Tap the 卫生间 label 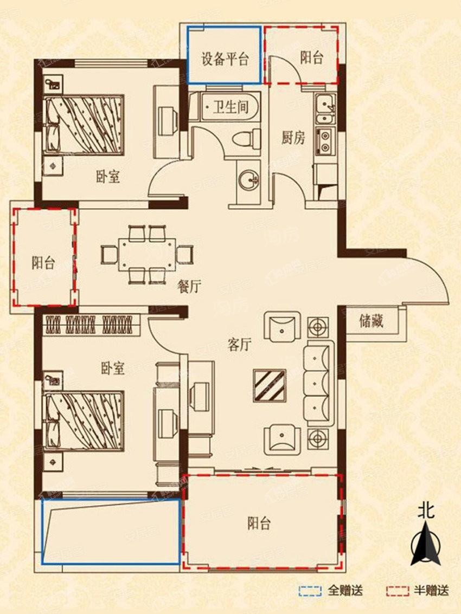231,107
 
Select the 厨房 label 293,138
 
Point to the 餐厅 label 189,287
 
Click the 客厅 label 239,345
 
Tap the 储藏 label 371,321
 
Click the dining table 147,255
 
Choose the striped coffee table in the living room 270,385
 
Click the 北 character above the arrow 426,511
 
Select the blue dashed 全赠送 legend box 310,591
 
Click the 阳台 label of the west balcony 43,262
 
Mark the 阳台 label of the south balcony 259,523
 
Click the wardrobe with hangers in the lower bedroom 91,325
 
